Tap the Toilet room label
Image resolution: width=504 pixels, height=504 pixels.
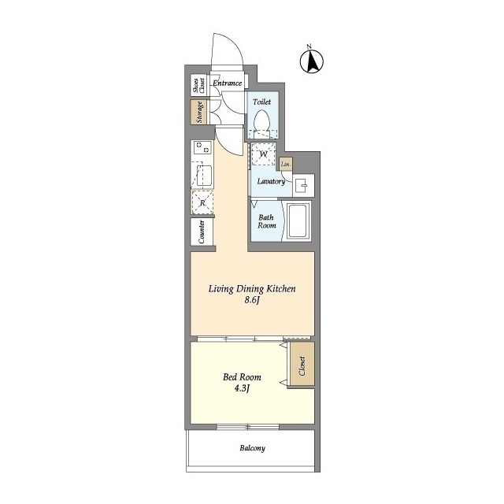click(261, 102)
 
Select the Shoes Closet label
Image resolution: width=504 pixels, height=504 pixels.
click(198, 85)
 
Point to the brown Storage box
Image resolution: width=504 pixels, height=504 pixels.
click(198, 112)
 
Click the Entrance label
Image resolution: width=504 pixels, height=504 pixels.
click(228, 83)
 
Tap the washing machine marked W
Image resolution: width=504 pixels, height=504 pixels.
click(263, 154)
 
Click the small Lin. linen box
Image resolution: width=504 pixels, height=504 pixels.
click(286, 165)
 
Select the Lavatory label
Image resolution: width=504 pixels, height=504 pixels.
click(271, 181)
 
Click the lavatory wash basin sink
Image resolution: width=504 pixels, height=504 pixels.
click(303, 186)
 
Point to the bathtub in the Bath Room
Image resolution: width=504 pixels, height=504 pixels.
click(298, 220)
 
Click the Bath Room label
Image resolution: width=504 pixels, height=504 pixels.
click(266, 221)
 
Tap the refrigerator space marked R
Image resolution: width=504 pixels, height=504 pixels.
click(202, 202)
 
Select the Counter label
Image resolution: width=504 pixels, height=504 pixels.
click(202, 232)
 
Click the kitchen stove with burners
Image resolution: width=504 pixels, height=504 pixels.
click(202, 148)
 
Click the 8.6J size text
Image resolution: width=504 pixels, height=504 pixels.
click(252, 300)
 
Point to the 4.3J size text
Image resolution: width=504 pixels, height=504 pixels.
click(242, 388)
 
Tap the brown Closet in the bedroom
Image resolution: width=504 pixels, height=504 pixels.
click(302, 364)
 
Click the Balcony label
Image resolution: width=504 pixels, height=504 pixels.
click(252, 448)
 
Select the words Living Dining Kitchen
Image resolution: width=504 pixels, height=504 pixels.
click(252, 289)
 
